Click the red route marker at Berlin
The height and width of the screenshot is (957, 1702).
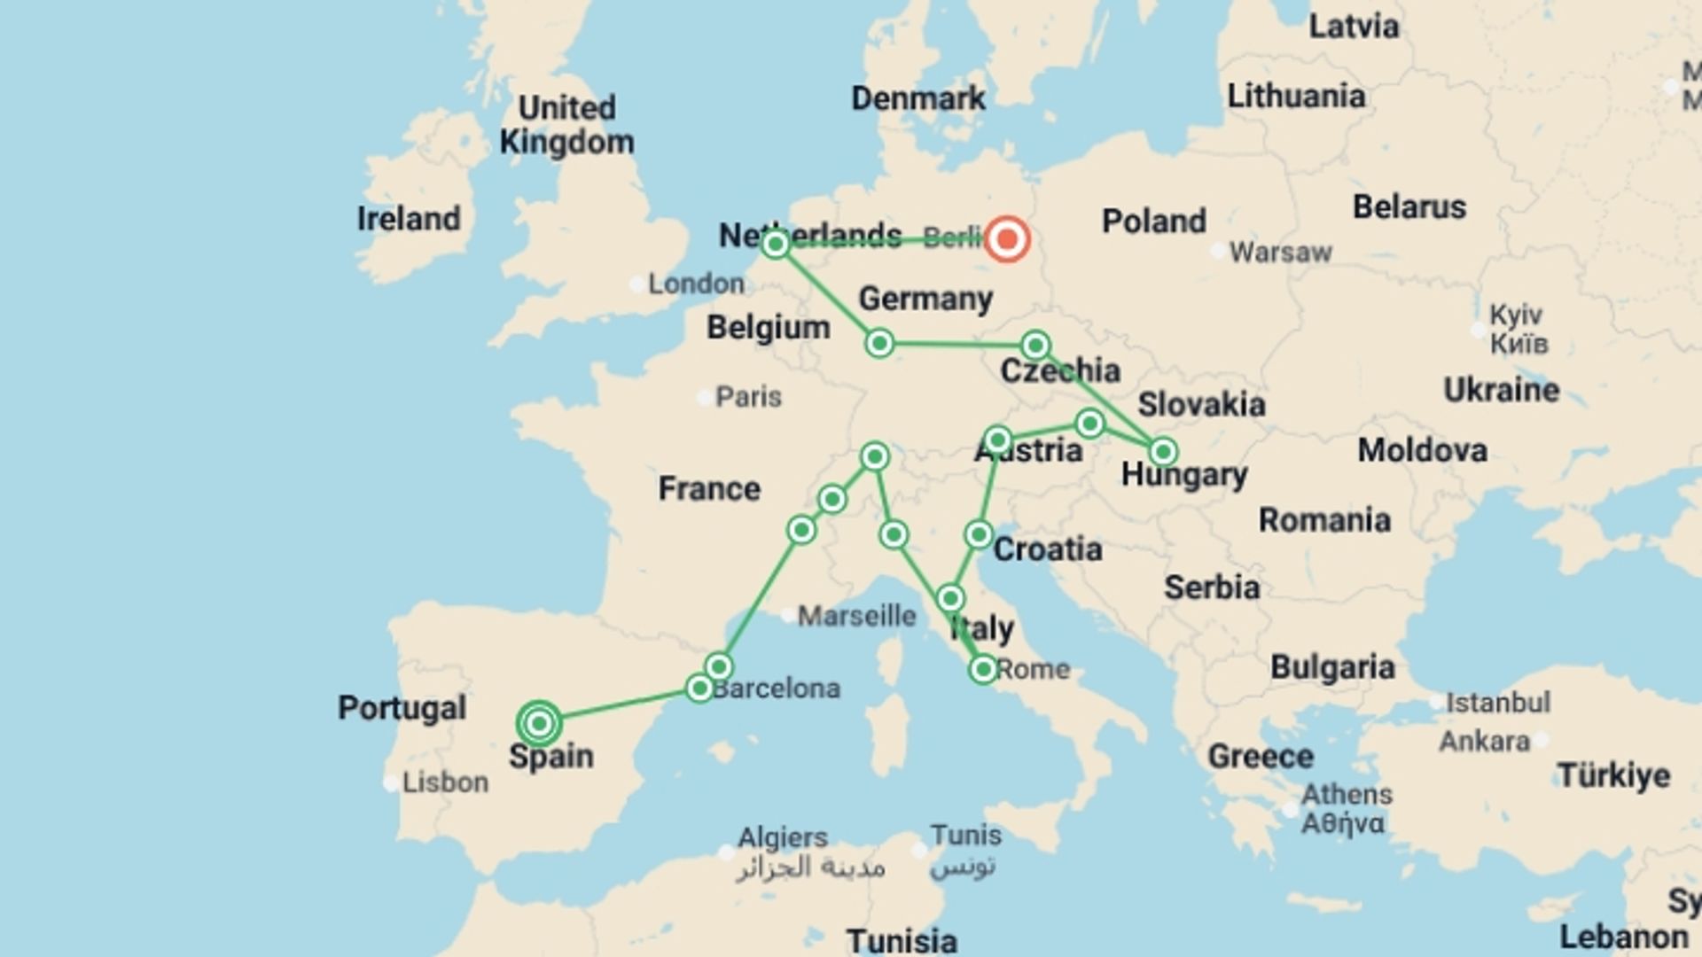tap(1007, 239)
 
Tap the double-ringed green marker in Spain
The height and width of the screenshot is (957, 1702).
tap(539, 724)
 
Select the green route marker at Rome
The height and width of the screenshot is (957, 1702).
tap(982, 669)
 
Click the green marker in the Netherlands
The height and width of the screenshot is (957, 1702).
tap(776, 244)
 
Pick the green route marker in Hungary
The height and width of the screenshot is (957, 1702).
tap(1162, 452)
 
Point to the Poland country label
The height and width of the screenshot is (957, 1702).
tap(1153, 221)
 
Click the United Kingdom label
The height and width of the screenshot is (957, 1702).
tap(566, 125)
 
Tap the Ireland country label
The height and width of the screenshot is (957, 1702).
tap(409, 219)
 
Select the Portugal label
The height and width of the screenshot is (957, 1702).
tap(402, 707)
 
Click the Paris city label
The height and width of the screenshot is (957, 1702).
tap(748, 396)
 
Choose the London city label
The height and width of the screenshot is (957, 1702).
tap(696, 284)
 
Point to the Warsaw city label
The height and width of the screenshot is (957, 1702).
tap(1280, 253)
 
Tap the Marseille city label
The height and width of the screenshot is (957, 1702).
tap(856, 615)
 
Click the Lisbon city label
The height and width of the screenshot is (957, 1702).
tap(445, 782)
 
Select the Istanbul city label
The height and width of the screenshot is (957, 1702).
tap(1498, 703)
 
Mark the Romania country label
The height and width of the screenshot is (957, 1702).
tap(1324, 520)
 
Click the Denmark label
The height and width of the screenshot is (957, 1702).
tap(917, 98)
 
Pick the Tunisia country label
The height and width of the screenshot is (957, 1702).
tap(902, 939)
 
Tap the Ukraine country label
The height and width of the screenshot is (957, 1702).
tap(1501, 390)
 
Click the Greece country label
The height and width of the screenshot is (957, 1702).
tap(1260, 757)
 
